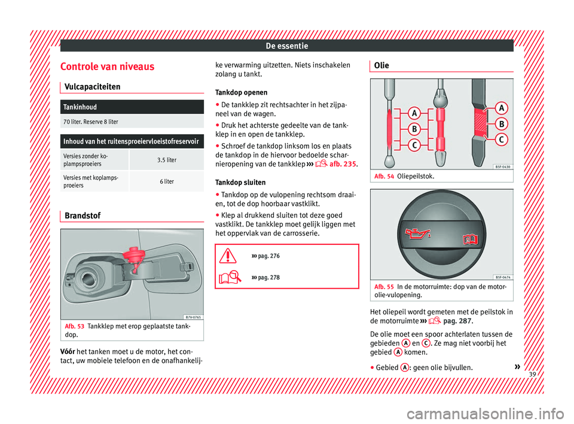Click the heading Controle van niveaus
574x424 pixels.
(x=107, y=66)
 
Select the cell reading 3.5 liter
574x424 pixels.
(x=166, y=160)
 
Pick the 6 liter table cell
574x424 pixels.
(x=166, y=181)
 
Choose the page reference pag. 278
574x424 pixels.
(x=267, y=278)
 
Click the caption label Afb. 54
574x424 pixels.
(x=383, y=177)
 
